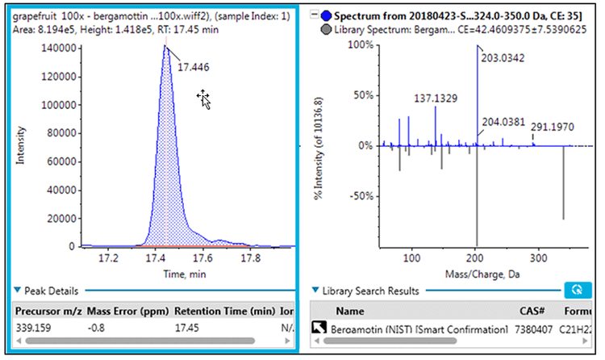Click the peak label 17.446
point(194,67)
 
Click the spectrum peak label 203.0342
point(506,57)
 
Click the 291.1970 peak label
point(552,127)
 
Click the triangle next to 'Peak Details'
point(17,290)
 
